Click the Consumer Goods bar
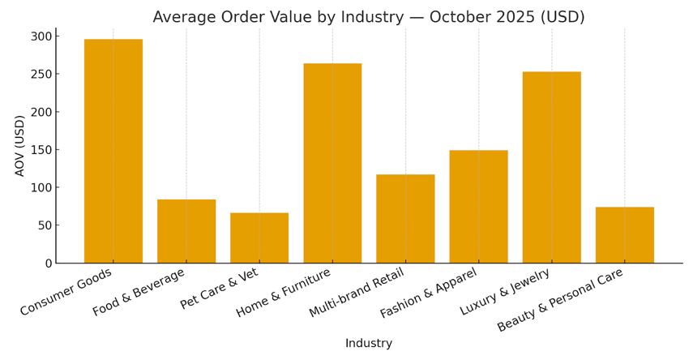pos(113,151)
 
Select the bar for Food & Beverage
pos(186,231)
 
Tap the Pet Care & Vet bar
pos(259,238)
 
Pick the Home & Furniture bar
pos(332,163)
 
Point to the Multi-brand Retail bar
pos(405,218)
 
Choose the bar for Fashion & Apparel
pos(478,206)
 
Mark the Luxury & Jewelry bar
pos(551,167)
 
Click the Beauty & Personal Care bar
pos(624,234)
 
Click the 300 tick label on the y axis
pos(41,36)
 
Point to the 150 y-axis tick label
pos(41,150)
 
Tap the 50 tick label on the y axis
pos(45,225)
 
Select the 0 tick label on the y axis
pos(49,264)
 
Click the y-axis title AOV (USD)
pos(20,146)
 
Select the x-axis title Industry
pos(369,344)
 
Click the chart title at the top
pos(369,17)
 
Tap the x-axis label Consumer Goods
pos(67,292)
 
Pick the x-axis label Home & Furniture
pos(284,293)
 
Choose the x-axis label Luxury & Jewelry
pos(506,292)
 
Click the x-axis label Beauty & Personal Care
pos(561,299)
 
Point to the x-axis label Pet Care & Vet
pos(220,289)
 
